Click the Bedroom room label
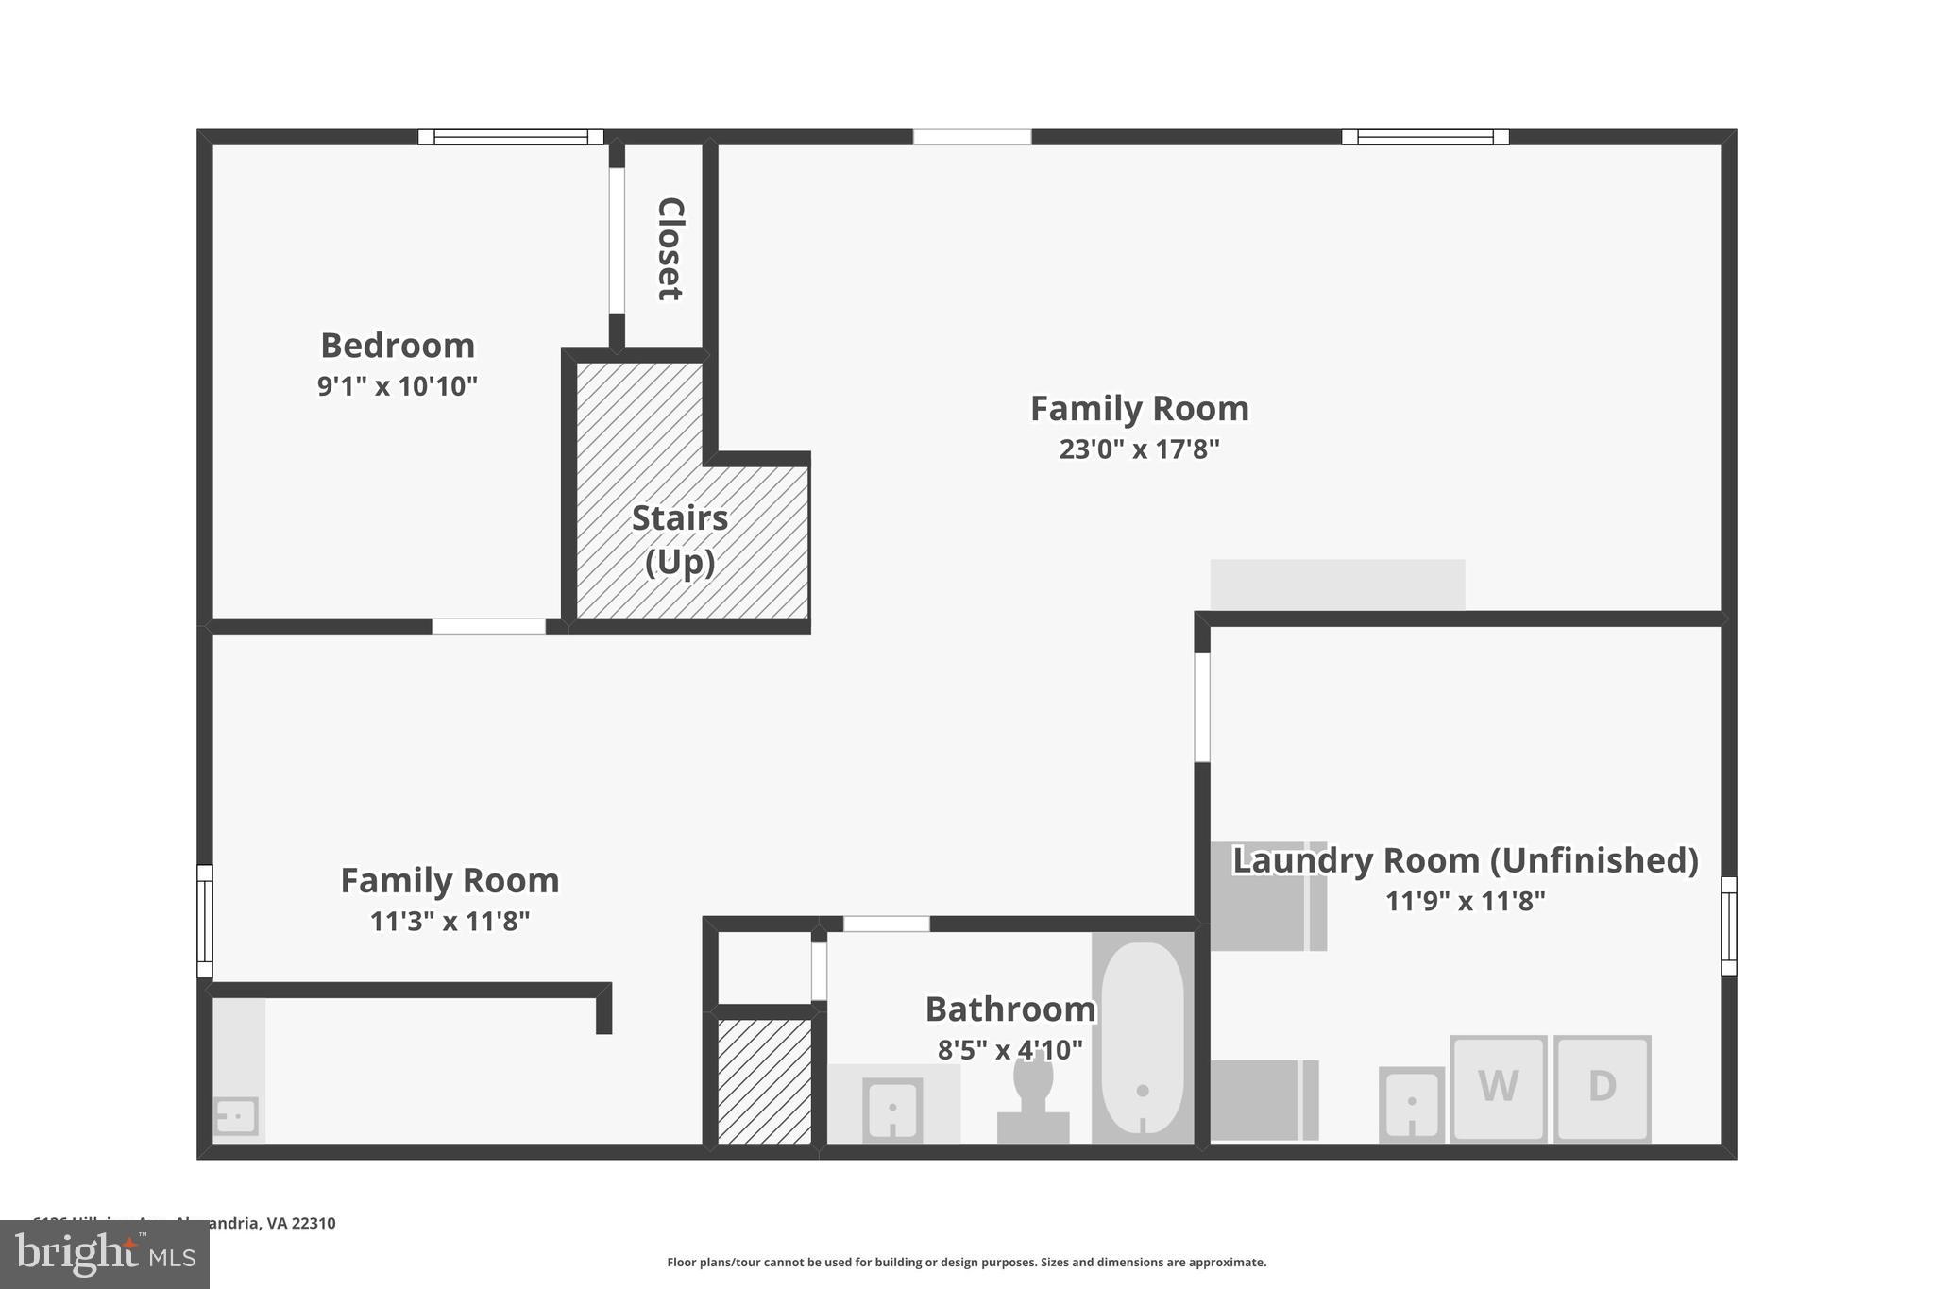[x=398, y=346]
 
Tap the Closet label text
[x=670, y=248]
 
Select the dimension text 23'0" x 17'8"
[x=1139, y=449]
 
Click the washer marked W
[x=1498, y=1087]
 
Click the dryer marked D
[x=1602, y=1087]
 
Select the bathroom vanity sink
[x=892, y=1108]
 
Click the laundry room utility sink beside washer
[x=1411, y=1103]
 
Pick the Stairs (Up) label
[x=680, y=539]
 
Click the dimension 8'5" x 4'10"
[x=1009, y=1050]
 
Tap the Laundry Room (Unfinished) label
[x=1465, y=860]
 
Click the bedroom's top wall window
[x=510, y=137]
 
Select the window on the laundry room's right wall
[x=1728, y=925]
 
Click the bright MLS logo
[x=105, y=1255]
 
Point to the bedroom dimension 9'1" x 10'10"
[x=398, y=386]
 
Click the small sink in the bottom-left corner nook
[x=236, y=1116]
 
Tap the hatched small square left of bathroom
[x=764, y=1080]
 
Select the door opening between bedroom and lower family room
[x=488, y=626]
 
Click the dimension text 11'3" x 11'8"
[x=450, y=922]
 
